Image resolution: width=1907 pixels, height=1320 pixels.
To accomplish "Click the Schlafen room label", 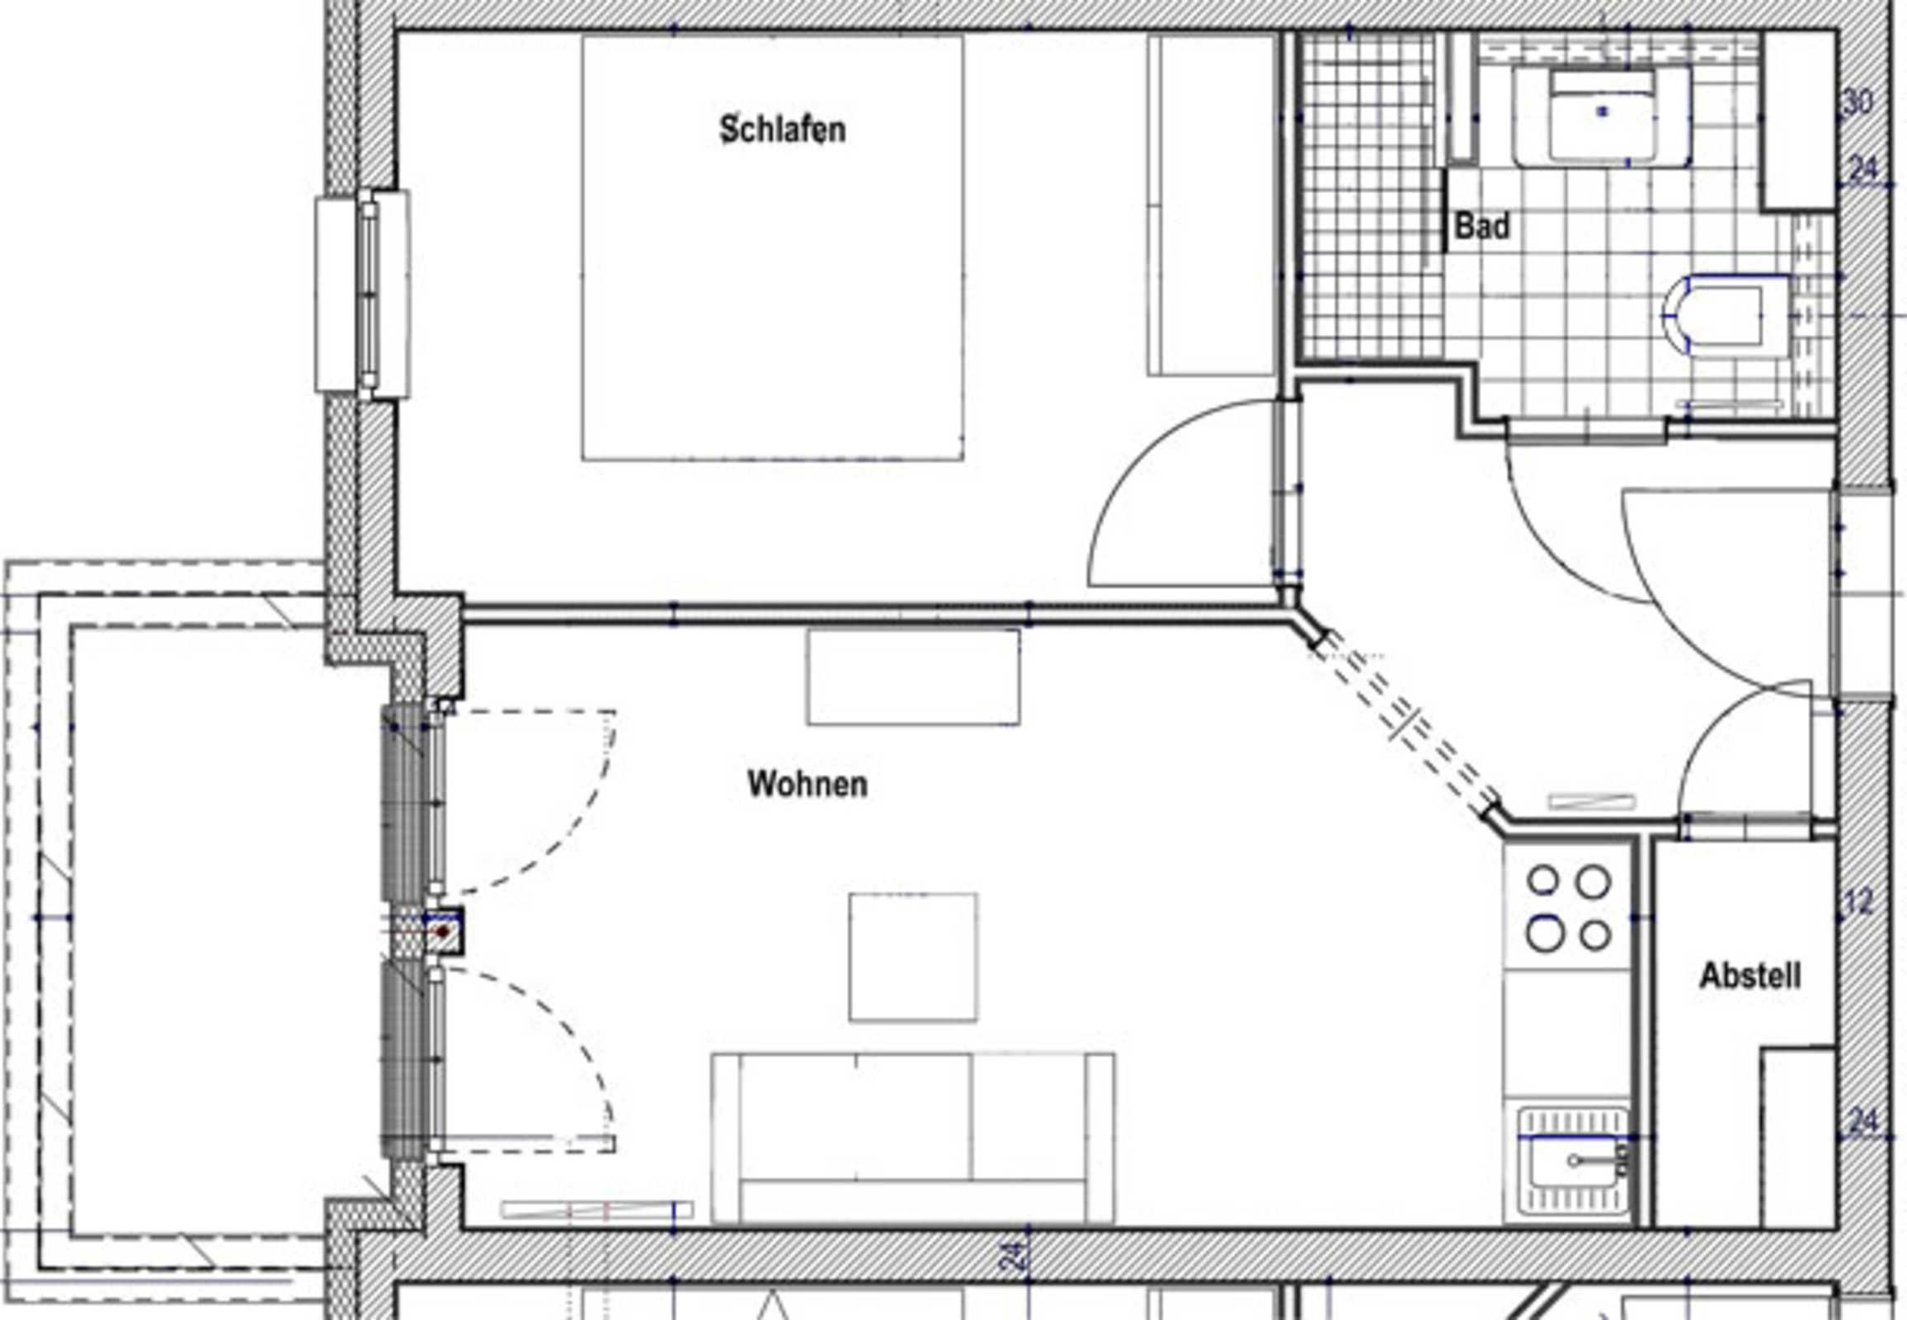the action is tap(782, 130).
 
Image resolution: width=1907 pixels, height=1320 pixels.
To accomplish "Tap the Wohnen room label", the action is tap(808, 784).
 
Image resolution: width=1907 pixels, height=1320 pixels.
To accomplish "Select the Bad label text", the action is tap(1482, 226).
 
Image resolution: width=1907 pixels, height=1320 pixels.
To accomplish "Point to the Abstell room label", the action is tap(1750, 976).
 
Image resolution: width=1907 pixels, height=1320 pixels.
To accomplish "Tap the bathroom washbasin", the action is tap(1602, 115).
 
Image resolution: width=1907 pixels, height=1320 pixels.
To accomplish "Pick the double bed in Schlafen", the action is tap(772, 247).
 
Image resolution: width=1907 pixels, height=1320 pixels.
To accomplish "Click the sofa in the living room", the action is tap(913, 1138).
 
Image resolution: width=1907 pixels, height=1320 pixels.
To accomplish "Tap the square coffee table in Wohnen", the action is tap(913, 958).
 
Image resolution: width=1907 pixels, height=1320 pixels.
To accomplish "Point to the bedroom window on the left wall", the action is tap(362, 294).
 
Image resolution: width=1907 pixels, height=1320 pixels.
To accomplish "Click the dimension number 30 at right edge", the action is tap(1858, 103).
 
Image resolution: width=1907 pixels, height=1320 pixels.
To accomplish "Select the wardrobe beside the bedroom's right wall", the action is tap(1211, 205).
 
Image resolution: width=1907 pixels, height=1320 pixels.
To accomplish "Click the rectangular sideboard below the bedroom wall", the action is tap(913, 676).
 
